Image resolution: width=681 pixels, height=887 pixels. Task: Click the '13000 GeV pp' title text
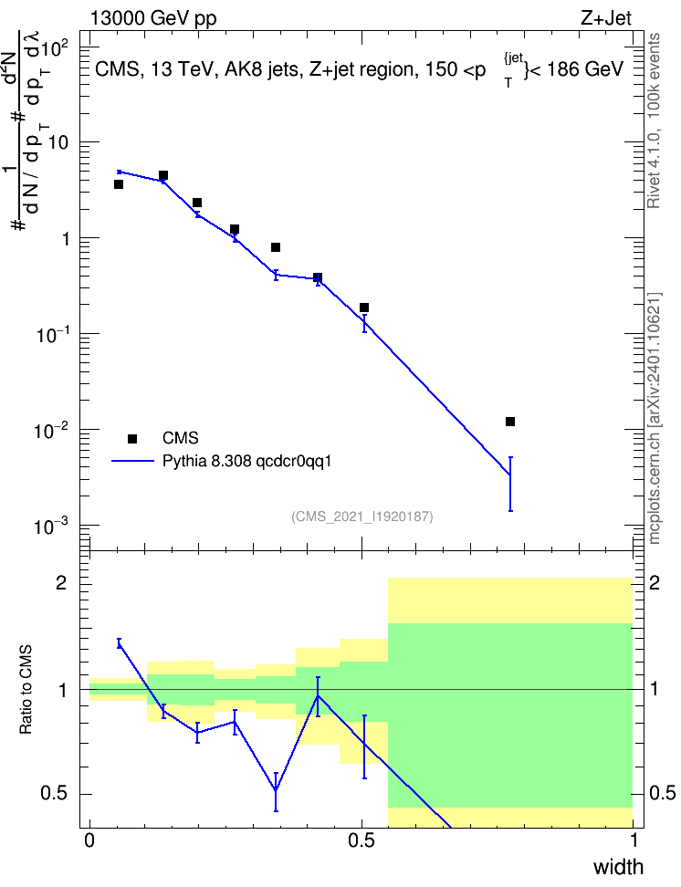(x=153, y=19)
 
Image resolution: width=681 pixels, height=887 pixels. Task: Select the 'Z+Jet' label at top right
(x=606, y=18)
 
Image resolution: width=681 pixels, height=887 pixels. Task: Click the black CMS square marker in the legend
(x=132, y=438)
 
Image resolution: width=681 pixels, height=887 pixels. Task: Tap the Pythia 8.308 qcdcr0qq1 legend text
(x=246, y=462)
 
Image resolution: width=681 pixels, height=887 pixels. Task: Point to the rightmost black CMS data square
(x=510, y=422)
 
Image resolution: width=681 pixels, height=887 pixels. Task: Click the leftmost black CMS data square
(x=119, y=184)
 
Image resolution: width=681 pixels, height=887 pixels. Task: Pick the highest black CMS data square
(x=163, y=175)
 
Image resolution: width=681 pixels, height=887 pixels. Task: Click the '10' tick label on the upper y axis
(x=58, y=143)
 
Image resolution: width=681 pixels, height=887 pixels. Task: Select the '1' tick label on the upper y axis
(x=66, y=239)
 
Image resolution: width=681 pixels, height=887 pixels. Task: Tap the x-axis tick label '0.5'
(x=361, y=840)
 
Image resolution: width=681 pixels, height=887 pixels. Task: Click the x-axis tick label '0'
(x=89, y=840)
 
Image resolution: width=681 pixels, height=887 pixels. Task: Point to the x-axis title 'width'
(x=618, y=867)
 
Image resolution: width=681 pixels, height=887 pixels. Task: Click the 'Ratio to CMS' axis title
(x=26, y=690)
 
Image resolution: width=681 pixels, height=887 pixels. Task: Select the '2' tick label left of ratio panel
(x=61, y=583)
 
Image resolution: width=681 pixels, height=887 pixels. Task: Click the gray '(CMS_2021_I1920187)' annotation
(x=362, y=517)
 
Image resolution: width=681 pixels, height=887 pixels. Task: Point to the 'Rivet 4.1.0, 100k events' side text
(x=654, y=120)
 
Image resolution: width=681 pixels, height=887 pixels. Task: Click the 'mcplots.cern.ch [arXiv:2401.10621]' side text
(x=655, y=418)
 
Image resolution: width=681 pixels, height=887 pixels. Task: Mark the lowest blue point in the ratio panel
(x=276, y=791)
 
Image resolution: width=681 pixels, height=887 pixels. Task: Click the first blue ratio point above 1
(x=119, y=643)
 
